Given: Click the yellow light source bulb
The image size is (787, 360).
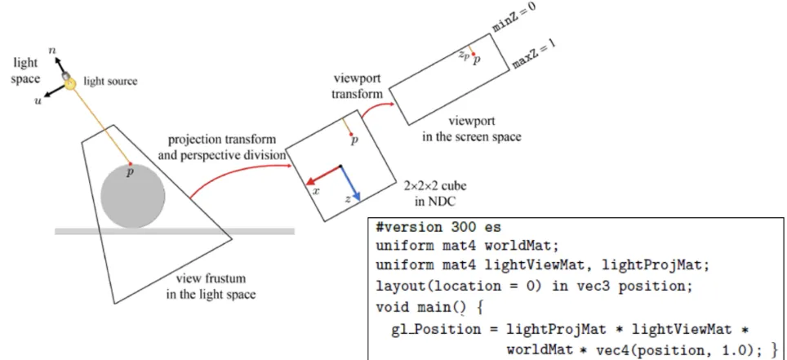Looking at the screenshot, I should point(71,82).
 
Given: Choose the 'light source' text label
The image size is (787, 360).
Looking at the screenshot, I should point(110,81).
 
